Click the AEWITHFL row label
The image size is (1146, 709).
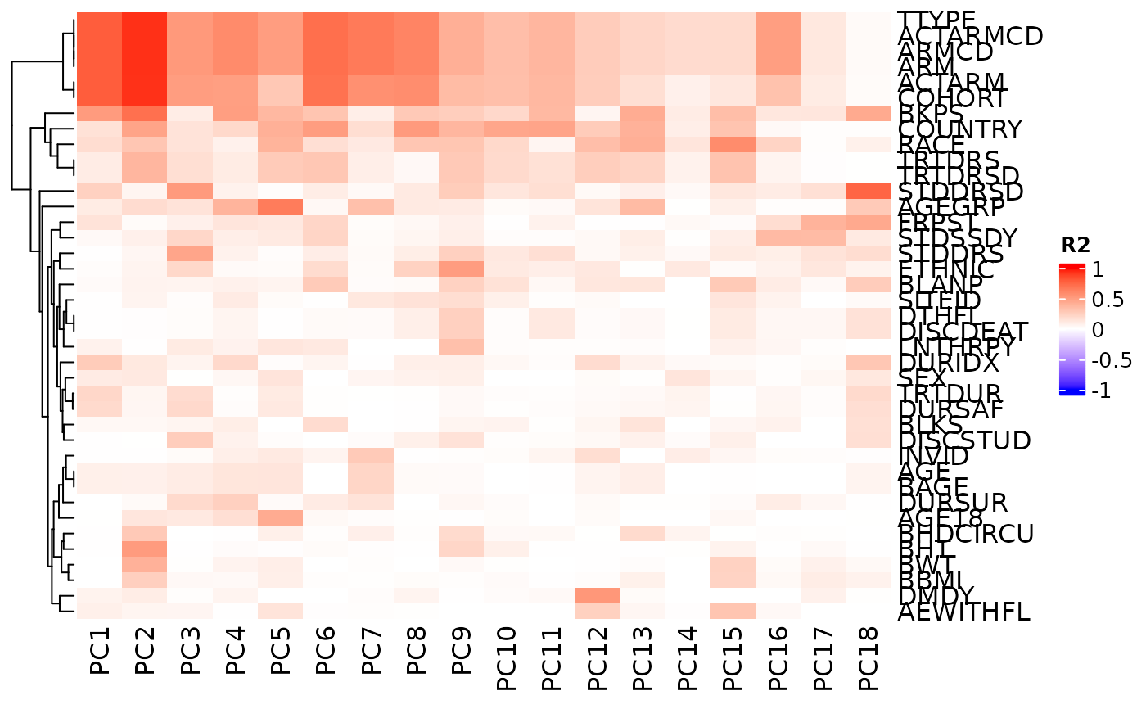963,612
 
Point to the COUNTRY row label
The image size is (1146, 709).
959,129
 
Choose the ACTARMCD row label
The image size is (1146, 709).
970,36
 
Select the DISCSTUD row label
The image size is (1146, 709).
964,440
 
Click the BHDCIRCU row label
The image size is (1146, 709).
966,534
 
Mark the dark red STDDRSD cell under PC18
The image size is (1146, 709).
869,192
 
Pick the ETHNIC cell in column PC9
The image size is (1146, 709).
461,269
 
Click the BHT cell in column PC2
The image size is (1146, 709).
145,549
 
